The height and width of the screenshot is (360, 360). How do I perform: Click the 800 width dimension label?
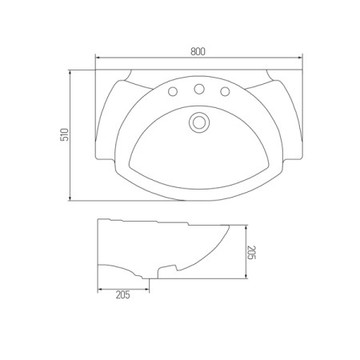[x=198, y=51]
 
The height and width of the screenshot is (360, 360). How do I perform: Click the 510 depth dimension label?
[x=65, y=134]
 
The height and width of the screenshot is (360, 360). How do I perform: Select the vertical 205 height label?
[x=251, y=252]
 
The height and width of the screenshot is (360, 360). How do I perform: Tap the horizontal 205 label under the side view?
[x=123, y=294]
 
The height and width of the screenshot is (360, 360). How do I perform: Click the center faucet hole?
[x=199, y=89]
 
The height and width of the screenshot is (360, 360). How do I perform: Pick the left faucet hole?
[x=173, y=92]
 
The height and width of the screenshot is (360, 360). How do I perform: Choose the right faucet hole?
[x=225, y=92]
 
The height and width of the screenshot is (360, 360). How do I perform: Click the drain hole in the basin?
[x=199, y=122]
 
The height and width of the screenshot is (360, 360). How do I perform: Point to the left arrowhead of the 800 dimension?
[x=98, y=58]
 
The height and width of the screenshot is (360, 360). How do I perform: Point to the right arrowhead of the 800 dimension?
[x=300, y=58]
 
